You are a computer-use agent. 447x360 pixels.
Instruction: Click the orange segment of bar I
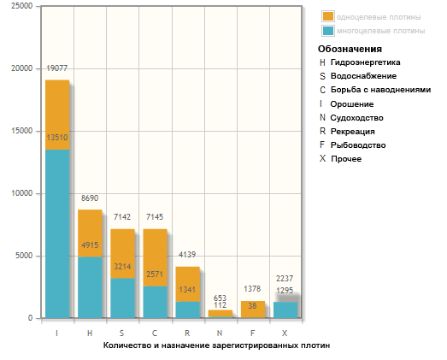point(57,115)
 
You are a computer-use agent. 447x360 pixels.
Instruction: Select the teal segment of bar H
point(90,287)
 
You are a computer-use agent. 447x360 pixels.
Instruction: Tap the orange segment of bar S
point(122,254)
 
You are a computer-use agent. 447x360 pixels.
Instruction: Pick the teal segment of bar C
point(155,302)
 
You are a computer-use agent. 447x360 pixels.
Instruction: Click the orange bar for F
point(253,310)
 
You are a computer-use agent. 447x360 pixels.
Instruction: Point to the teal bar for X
point(285,310)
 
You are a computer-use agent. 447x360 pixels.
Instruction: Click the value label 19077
point(57,68)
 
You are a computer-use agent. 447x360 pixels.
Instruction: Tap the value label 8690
point(90,198)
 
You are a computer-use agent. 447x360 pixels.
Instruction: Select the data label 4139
point(187,255)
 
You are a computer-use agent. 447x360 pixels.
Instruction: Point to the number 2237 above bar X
point(285,279)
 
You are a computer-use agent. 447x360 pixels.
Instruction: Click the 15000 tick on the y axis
point(22,131)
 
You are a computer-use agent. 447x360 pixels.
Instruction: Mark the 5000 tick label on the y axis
point(24,256)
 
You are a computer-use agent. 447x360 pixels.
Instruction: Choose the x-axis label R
point(187,333)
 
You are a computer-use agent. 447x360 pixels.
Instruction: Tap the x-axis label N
point(220,333)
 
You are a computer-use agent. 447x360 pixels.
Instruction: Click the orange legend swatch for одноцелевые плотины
point(328,16)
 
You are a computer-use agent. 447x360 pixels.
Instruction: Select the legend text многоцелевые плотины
point(381,31)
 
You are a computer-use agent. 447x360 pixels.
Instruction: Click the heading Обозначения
point(350,49)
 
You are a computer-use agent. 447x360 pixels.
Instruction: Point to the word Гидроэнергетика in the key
point(366,62)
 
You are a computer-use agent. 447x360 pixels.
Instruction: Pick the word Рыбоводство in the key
point(358,145)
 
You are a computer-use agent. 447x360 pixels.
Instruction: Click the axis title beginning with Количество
point(216,345)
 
